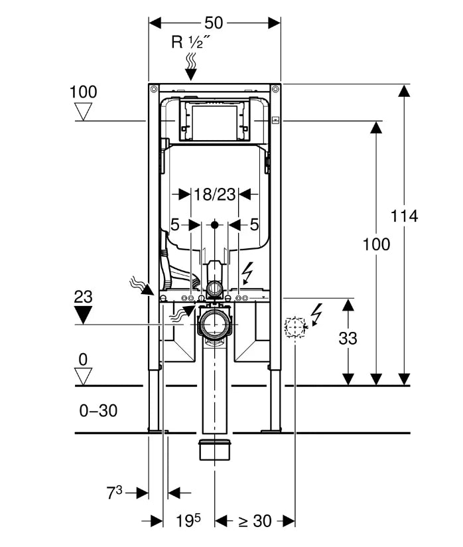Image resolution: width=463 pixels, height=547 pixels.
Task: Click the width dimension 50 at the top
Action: point(214,22)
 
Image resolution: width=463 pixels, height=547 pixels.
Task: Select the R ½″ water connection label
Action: point(191,42)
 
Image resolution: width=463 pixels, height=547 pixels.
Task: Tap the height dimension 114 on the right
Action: point(404,216)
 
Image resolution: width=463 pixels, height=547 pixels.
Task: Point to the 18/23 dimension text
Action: point(215,195)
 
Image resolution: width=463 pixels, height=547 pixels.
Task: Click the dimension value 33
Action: point(348,338)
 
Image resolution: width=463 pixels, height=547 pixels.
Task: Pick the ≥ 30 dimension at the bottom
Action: point(255,521)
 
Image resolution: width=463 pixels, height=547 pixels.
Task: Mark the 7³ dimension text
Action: point(115,493)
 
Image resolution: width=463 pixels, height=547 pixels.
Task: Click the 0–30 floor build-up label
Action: point(98,411)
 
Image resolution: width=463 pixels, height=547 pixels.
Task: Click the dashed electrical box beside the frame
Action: point(294,327)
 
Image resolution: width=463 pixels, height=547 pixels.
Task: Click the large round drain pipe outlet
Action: point(215,324)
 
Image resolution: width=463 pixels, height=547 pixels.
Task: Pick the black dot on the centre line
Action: point(214,225)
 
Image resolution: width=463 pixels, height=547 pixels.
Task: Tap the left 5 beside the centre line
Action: point(175,225)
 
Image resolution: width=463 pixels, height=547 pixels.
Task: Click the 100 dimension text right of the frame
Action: point(376,244)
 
